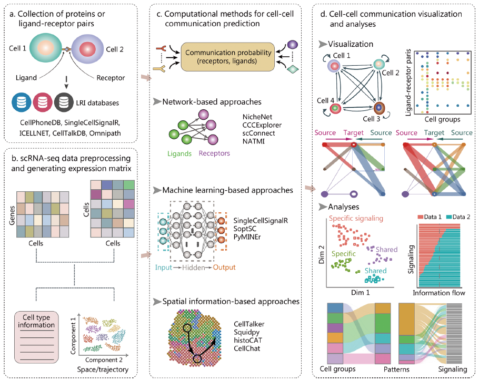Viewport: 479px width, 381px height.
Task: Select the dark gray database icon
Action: click(64, 101)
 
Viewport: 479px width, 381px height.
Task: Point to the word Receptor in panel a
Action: click(110, 78)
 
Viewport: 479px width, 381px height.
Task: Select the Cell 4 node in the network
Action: click(333, 109)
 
